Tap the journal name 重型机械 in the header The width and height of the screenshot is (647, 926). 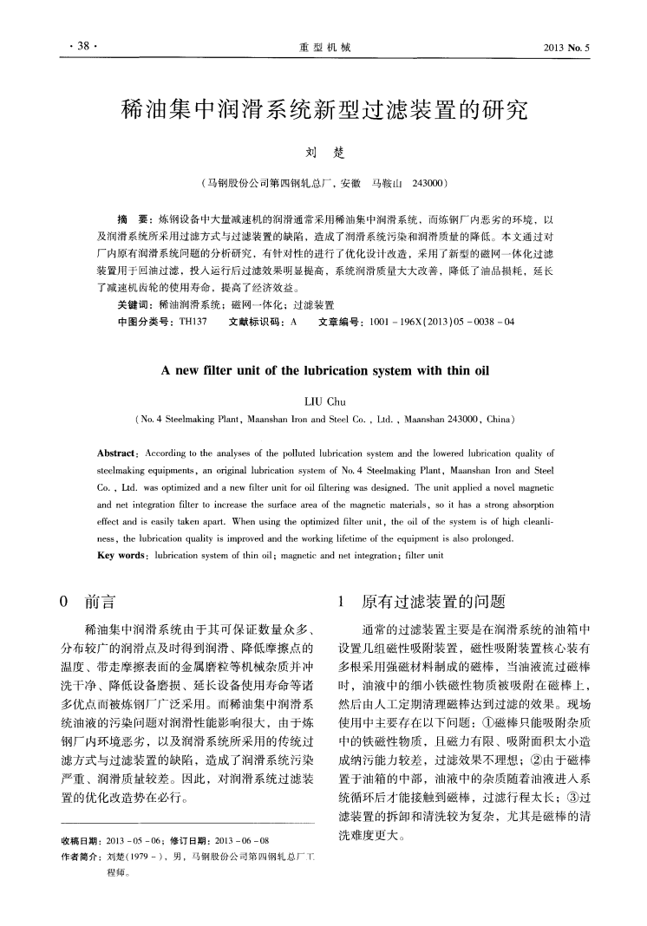click(324, 49)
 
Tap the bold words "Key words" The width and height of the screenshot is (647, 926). click(121, 551)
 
